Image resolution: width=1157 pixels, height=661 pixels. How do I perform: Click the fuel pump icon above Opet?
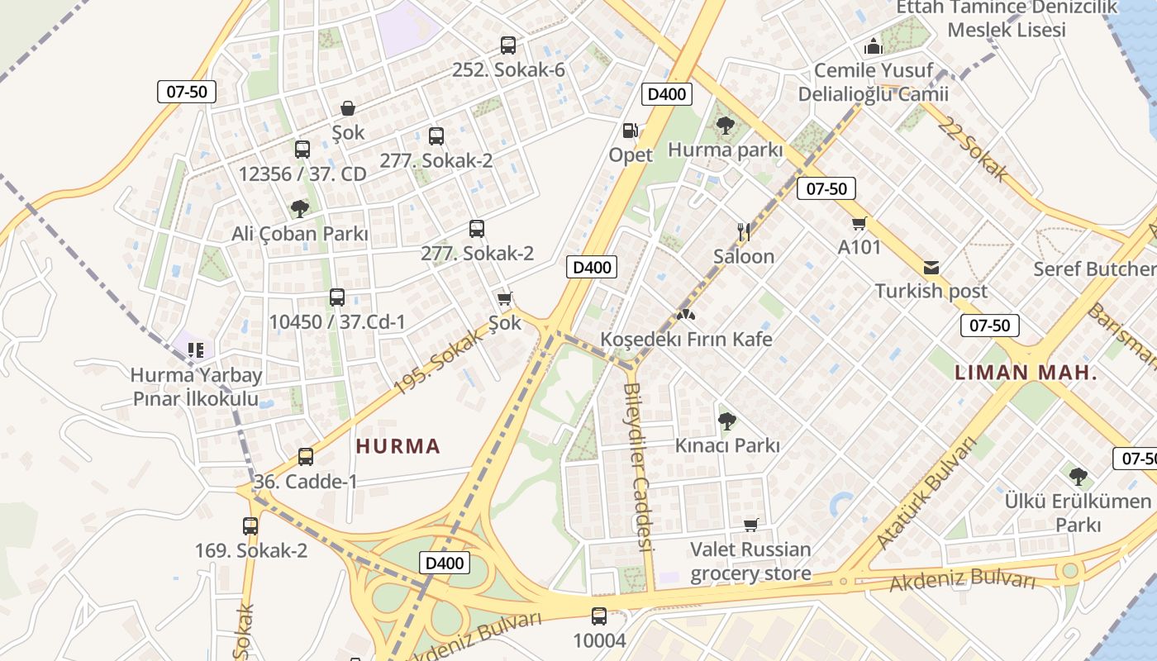click(x=631, y=131)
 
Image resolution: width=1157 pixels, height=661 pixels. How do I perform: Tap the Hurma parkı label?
click(x=725, y=150)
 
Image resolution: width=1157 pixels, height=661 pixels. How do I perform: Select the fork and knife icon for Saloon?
click(x=744, y=232)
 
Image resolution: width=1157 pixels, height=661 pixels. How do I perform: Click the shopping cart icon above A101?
click(x=859, y=223)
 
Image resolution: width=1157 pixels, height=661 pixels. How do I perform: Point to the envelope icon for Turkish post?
click(x=931, y=268)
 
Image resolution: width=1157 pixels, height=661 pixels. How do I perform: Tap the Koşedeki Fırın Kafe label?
click(x=686, y=339)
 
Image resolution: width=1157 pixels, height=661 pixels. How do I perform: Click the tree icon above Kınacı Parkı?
click(x=726, y=421)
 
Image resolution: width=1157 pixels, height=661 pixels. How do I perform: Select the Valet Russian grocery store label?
click(x=750, y=561)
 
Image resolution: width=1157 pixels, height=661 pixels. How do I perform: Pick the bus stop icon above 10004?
click(x=599, y=616)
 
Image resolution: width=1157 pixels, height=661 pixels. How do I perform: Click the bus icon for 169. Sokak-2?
click(x=250, y=526)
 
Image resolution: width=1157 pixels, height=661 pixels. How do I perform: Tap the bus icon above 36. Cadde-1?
click(x=306, y=457)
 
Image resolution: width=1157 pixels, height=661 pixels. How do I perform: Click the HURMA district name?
click(x=398, y=446)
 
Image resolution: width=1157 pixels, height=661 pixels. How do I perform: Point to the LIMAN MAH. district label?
click(x=1026, y=372)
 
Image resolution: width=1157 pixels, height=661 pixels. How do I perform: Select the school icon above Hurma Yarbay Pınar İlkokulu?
click(x=195, y=350)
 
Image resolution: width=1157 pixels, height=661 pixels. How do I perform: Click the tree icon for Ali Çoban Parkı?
click(x=300, y=209)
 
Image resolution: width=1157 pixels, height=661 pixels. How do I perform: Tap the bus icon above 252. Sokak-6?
click(x=508, y=45)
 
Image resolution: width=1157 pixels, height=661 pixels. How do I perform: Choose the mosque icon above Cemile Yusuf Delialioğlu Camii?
click(x=874, y=46)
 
